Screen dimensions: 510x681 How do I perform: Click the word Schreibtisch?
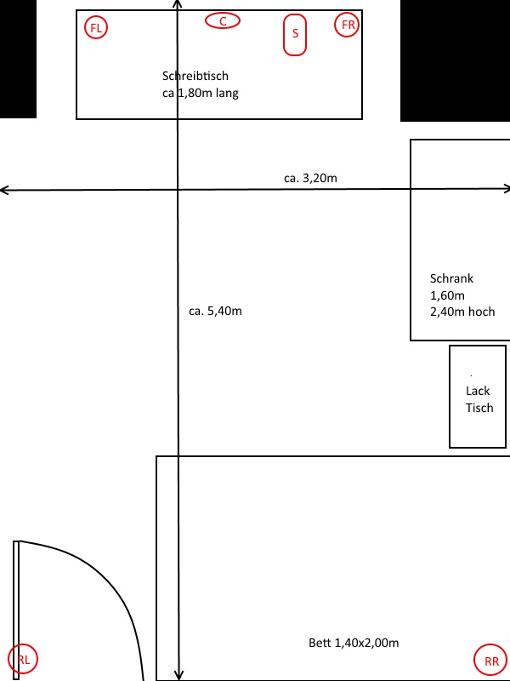click(195, 76)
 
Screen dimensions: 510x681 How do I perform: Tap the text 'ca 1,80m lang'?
click(201, 93)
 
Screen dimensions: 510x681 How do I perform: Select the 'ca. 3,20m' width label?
click(310, 178)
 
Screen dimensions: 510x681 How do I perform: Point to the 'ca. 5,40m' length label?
click(215, 311)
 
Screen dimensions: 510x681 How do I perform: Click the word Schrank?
click(451, 278)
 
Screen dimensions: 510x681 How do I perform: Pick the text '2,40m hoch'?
click(462, 312)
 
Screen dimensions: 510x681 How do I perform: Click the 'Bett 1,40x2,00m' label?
click(354, 643)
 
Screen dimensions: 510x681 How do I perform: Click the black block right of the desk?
click(455, 60)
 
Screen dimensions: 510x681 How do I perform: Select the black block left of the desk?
click(18, 59)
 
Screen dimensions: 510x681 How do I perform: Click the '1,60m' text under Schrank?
click(447, 295)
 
